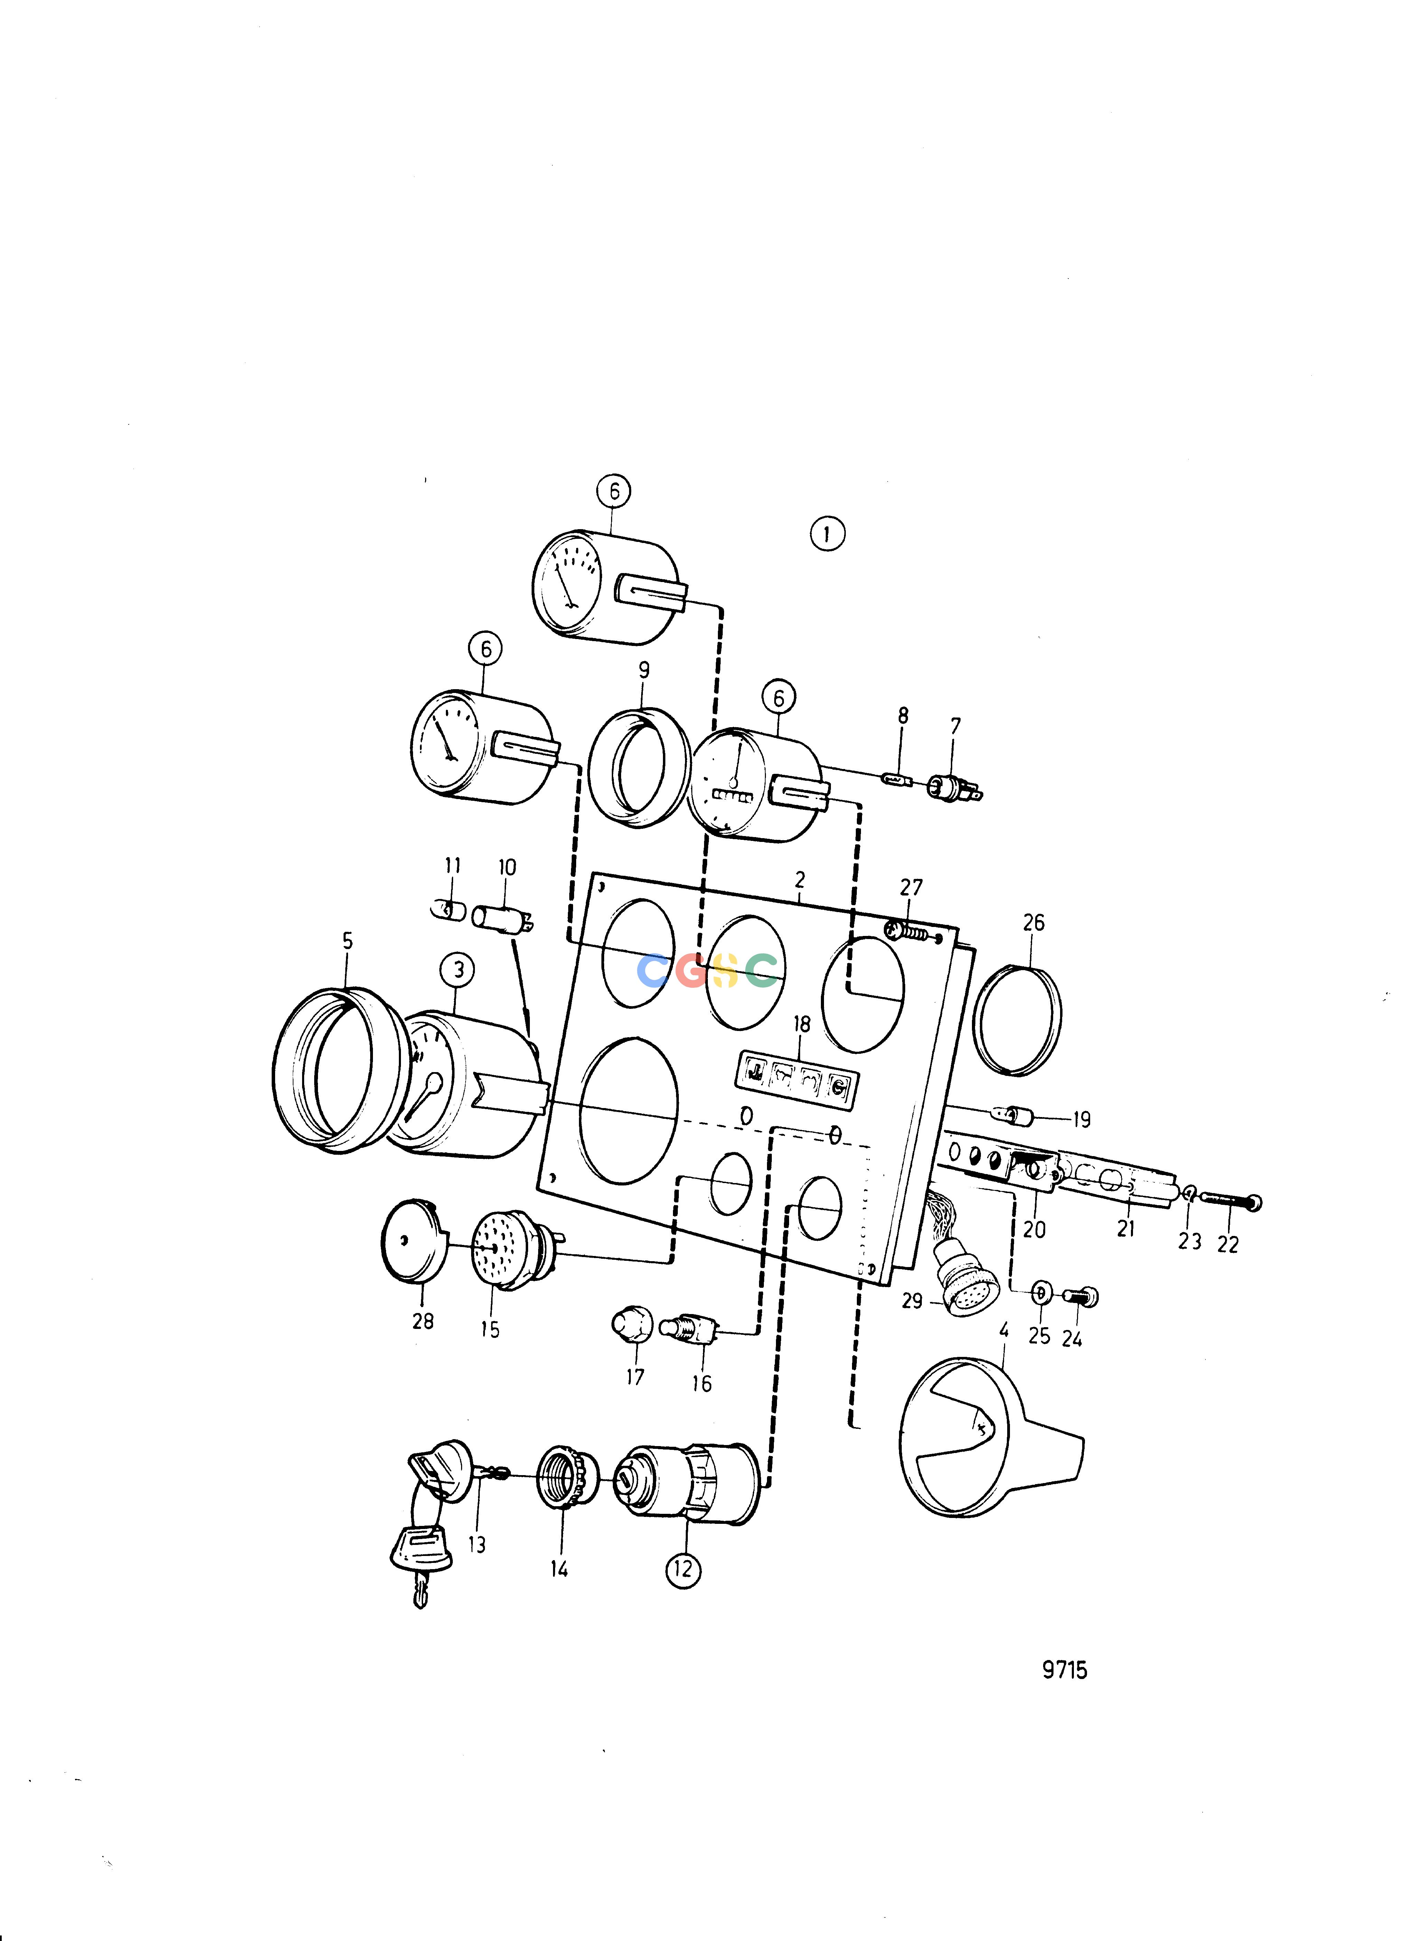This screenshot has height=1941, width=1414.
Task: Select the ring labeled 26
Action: click(1018, 1020)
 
